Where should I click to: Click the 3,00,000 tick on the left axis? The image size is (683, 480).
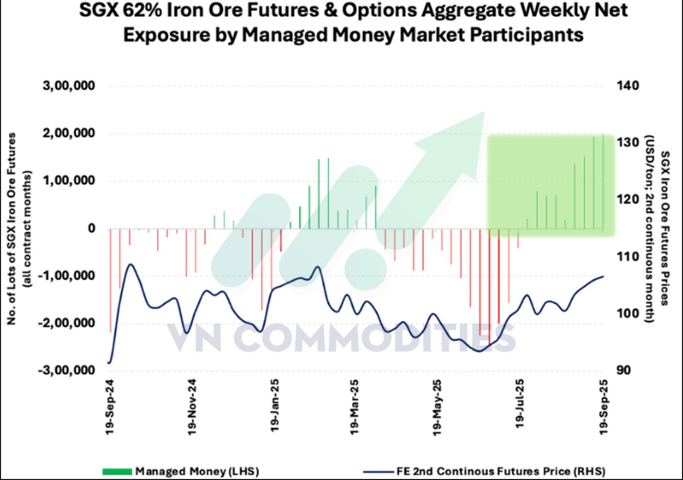(69, 86)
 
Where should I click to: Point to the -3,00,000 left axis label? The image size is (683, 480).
(66, 370)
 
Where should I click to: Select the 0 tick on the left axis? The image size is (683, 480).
(91, 228)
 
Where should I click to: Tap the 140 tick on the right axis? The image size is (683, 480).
(628, 86)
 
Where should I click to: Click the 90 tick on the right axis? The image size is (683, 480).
(623, 370)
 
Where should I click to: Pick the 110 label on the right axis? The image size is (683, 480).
(628, 256)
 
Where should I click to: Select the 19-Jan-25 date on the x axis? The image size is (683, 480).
(274, 405)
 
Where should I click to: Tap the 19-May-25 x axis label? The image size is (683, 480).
(437, 407)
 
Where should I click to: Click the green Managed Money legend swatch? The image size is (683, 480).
(117, 471)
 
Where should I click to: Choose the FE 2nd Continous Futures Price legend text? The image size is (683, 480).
(501, 471)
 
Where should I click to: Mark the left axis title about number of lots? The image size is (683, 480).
(19, 228)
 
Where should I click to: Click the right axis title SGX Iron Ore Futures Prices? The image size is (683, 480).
(664, 228)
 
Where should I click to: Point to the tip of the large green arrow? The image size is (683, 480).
(484, 112)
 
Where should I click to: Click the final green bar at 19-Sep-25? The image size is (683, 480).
(603, 181)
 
